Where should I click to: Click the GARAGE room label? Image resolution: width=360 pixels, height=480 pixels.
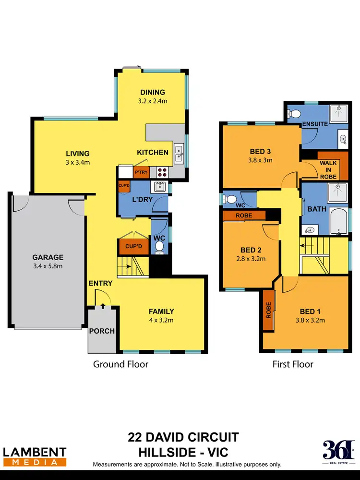point(48,257)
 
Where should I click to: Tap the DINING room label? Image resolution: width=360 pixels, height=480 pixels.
point(153,92)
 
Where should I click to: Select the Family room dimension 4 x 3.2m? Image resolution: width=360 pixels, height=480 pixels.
point(161,320)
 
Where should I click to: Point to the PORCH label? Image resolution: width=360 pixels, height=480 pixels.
point(102,331)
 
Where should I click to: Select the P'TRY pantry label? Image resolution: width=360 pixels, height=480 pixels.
point(141,172)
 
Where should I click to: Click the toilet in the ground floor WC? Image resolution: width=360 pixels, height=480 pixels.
point(159,247)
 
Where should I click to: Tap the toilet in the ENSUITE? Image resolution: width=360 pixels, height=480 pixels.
point(294,113)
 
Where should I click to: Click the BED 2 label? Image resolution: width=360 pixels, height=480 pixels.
point(251,250)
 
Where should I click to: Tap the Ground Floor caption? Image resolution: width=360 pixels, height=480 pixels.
point(120,364)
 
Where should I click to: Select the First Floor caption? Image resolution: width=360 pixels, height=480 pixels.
point(293,364)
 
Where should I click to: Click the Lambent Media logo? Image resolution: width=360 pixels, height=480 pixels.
point(35,456)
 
